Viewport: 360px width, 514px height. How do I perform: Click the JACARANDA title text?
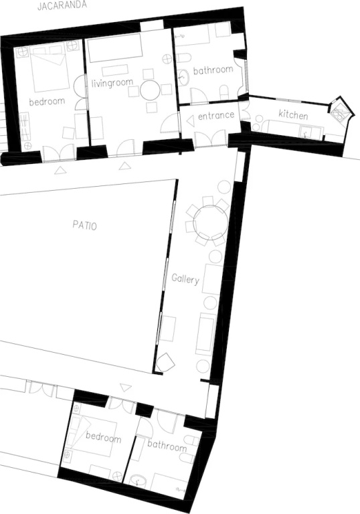62,5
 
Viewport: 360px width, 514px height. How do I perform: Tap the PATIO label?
84,226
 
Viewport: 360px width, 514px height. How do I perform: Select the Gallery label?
185,279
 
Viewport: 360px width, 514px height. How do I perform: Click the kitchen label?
293,114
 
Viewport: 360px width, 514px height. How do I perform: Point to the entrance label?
216,115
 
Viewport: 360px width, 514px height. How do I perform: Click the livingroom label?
112,82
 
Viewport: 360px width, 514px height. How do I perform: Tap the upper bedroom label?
47,102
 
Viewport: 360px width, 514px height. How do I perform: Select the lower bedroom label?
103,437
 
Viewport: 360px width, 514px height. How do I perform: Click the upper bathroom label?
213,70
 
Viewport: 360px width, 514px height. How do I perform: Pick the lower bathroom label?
167,445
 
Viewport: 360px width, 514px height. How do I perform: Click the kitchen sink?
307,132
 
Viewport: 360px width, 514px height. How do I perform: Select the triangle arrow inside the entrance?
190,121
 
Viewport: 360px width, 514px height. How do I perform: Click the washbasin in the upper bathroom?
183,77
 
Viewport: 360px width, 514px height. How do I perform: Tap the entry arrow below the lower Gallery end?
125,388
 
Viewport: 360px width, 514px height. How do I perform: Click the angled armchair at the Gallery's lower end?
165,362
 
